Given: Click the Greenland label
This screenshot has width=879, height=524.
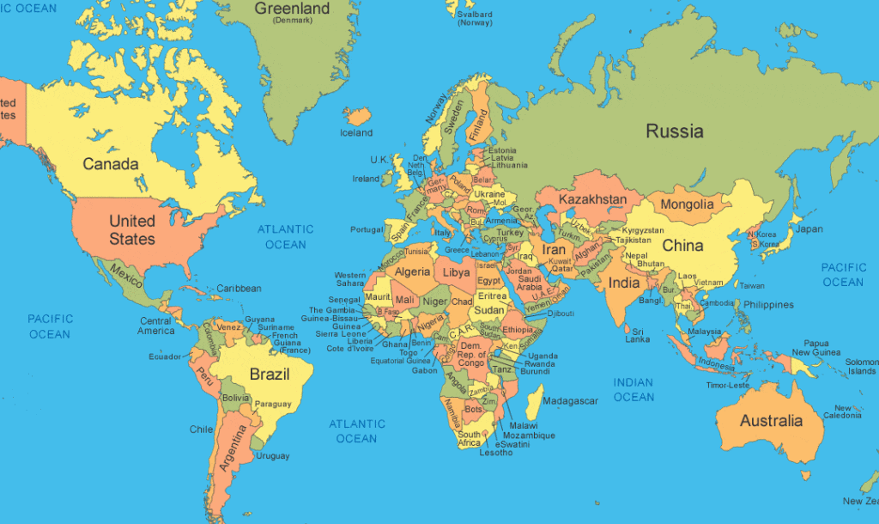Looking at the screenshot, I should pos(292,9).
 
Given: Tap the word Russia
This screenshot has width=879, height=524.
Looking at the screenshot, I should pos(675,131).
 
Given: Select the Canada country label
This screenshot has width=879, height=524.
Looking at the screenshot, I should pos(111,163).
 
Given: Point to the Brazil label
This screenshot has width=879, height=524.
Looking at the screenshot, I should pos(269,375).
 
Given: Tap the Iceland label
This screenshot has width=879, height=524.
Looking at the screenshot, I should pos(356,133).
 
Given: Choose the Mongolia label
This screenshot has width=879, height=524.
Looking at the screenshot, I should pos(686,204).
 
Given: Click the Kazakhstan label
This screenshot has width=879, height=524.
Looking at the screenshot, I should pos(592,199).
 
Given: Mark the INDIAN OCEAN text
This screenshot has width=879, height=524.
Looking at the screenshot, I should pos(633,390).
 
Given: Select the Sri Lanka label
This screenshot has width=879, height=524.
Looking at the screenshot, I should pos(637,334).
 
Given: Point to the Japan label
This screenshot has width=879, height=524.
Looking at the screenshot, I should pos(809,229).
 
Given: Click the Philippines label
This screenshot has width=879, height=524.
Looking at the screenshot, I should pos(768,305).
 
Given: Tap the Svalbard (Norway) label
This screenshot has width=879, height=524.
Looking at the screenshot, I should pos(475,18).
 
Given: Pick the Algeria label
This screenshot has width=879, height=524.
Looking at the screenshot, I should pos(412,271).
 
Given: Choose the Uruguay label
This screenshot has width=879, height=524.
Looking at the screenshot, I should pos(273,456).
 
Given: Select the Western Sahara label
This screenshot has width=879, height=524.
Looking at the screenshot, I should pos(349,279).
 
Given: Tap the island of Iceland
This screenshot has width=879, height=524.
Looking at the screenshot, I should pos(357,117).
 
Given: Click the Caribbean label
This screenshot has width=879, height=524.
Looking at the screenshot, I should pos(238,289).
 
